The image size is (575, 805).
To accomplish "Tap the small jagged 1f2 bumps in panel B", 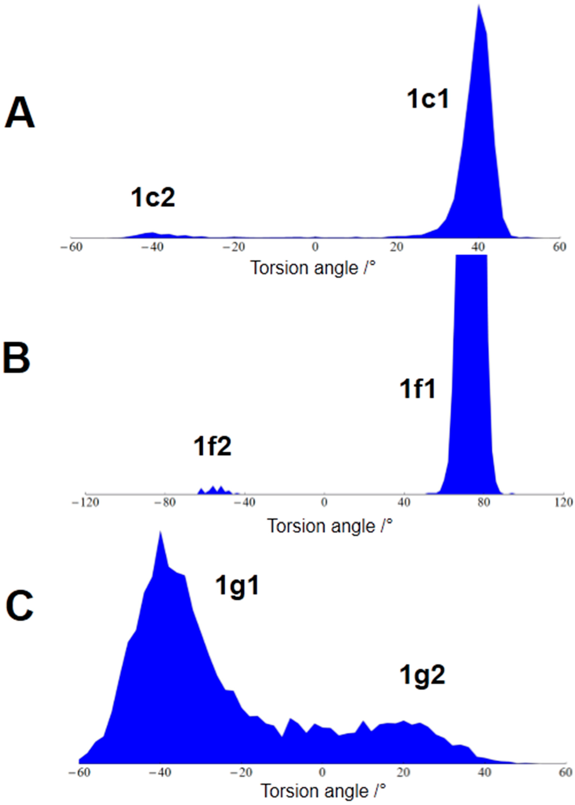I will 214,490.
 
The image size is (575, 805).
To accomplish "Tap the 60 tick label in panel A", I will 559,247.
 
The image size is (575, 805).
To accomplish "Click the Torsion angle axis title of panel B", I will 330,526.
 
